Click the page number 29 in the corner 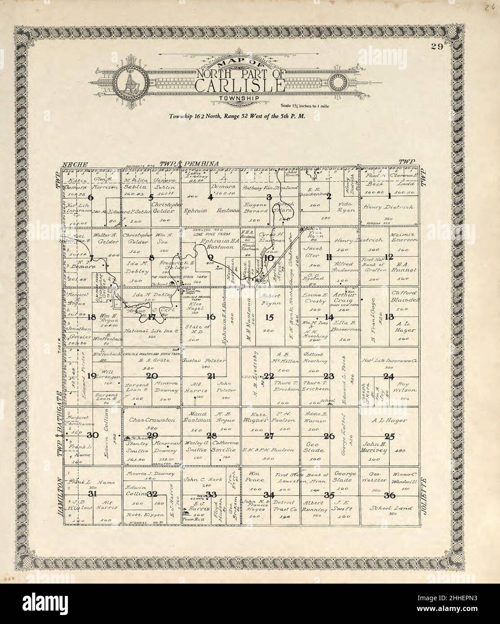[437, 48]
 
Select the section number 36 [390, 496]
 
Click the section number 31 [93, 494]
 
